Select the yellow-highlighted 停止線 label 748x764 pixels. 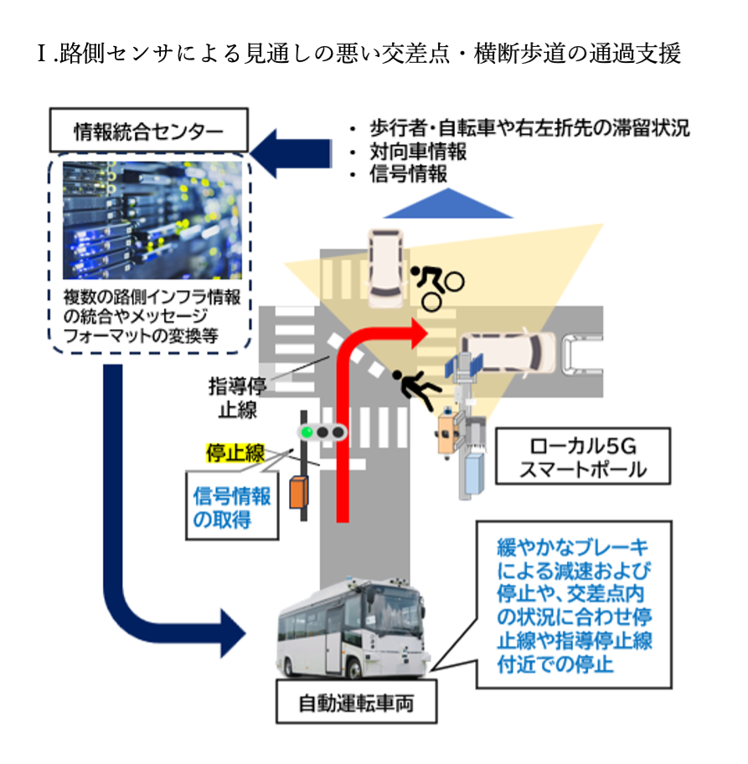coord(235,454)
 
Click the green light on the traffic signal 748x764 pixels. coord(307,432)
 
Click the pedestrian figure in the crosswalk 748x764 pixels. coord(415,390)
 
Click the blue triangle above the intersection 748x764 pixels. coord(453,204)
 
